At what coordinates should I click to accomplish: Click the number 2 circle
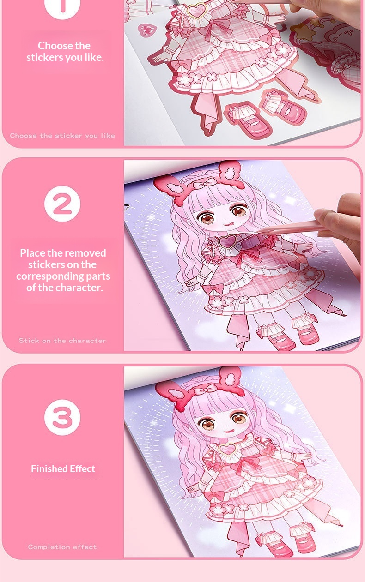pyautogui.click(x=62, y=204)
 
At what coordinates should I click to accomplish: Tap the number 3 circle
pyautogui.click(x=62, y=418)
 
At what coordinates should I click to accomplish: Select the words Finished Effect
pyautogui.click(x=63, y=469)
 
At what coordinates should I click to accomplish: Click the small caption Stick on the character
pyautogui.click(x=62, y=341)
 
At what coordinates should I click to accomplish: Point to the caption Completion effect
pyautogui.click(x=62, y=547)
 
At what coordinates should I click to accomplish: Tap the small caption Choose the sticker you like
pyautogui.click(x=62, y=136)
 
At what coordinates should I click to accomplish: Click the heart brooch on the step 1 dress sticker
pyautogui.click(x=197, y=11)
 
